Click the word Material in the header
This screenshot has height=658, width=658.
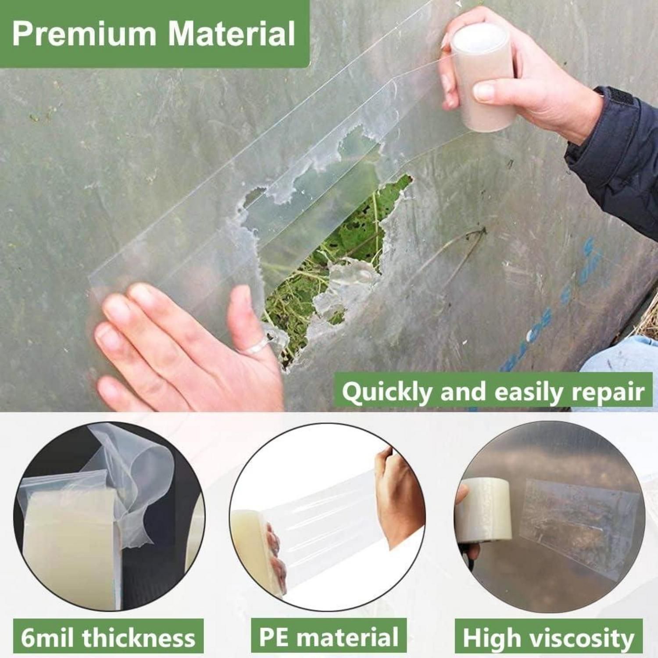(232, 33)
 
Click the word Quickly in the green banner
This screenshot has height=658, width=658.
(387, 392)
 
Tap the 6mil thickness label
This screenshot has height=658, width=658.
(108, 637)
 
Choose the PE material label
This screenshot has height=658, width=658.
(329, 637)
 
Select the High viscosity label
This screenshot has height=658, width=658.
(548, 637)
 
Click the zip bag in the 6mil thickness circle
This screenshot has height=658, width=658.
(70, 540)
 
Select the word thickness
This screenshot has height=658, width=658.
(139, 637)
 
